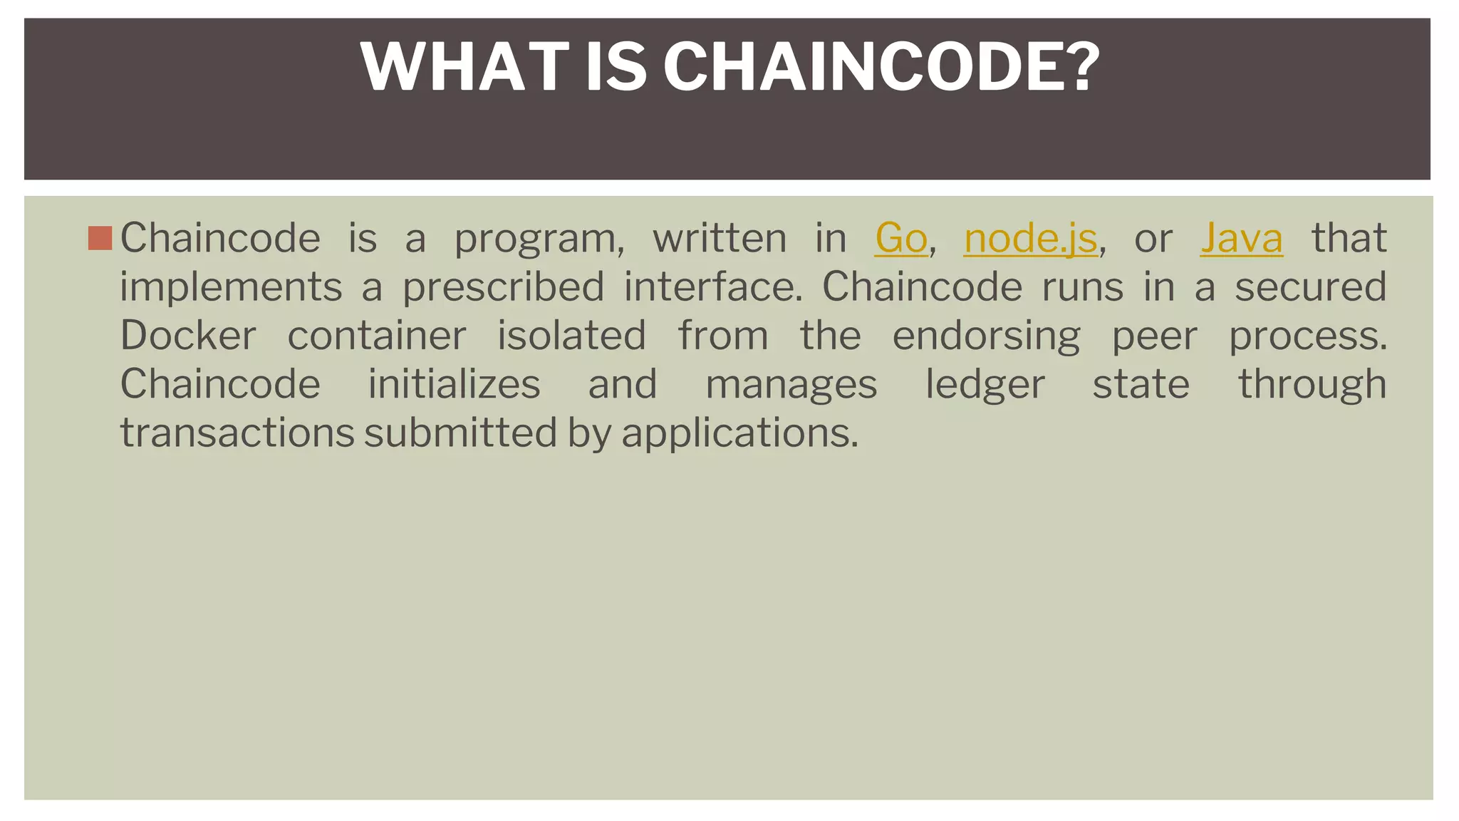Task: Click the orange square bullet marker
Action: click(100, 238)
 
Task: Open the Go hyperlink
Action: click(900, 238)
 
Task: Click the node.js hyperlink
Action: click(1030, 238)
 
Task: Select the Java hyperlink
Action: click(1241, 238)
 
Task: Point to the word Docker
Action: click(188, 336)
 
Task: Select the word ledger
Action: click(985, 385)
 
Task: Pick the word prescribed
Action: click(503, 287)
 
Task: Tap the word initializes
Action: click(454, 385)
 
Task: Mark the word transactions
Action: click(237, 433)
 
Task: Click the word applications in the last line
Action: click(739, 434)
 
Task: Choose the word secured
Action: click(1310, 287)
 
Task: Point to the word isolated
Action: click(571, 336)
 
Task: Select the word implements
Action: click(231, 287)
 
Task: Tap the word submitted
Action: click(460, 433)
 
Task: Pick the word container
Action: click(377, 336)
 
